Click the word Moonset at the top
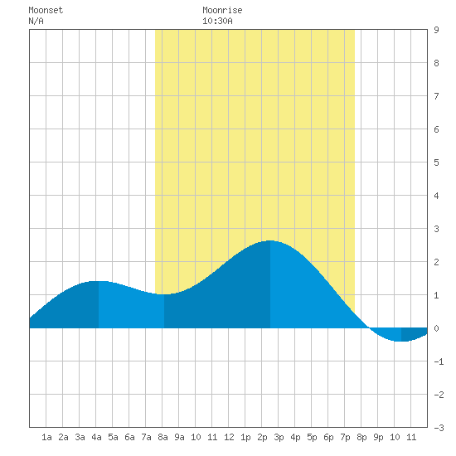click(x=46, y=10)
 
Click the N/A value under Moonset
click(x=36, y=21)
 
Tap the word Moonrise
click(x=222, y=10)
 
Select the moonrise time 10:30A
click(x=217, y=21)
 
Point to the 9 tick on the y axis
click(x=436, y=30)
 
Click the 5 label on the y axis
click(x=436, y=163)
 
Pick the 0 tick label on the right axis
click(x=436, y=328)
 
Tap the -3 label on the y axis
click(x=439, y=428)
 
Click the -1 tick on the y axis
click(x=439, y=361)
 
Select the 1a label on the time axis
click(x=46, y=437)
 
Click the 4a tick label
click(x=96, y=437)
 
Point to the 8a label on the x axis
click(x=163, y=437)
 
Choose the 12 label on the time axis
click(x=229, y=437)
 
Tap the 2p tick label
click(x=262, y=437)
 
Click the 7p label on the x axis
click(x=345, y=437)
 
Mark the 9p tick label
click(x=378, y=437)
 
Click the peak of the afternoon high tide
click(x=270, y=240)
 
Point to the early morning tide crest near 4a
click(x=99, y=281)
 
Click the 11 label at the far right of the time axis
click(x=411, y=437)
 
